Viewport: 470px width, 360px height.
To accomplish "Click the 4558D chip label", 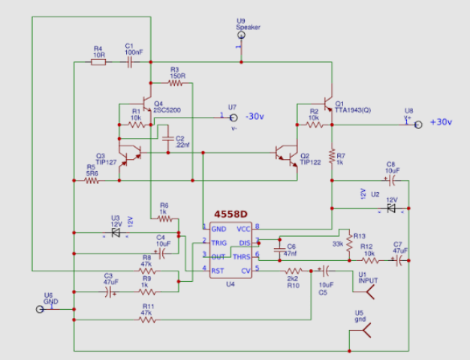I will click(230, 214).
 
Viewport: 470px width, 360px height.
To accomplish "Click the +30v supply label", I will click(441, 122).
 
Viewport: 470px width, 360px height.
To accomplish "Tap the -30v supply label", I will click(258, 116).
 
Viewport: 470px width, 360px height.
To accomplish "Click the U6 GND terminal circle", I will click(40, 309).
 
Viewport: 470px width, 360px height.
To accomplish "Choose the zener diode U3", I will click(116, 232).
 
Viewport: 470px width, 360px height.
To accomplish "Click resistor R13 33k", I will click(346, 243).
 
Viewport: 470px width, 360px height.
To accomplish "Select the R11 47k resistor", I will click(148, 319).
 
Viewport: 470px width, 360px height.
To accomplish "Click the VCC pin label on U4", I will click(244, 228).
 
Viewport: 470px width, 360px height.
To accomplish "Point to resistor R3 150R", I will click(176, 83).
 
